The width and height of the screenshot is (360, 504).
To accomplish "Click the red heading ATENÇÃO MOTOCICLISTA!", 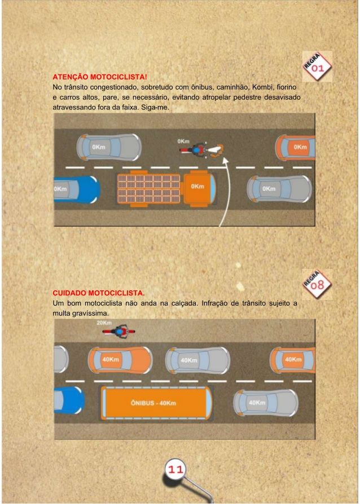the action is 100,77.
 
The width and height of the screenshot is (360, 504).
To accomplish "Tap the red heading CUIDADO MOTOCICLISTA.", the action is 98,293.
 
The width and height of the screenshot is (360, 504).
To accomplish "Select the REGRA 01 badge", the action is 317,66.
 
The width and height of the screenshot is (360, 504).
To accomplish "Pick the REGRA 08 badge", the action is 317,284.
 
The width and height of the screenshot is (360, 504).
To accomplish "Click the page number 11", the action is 175,469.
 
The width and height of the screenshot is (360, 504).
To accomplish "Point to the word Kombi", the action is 262,87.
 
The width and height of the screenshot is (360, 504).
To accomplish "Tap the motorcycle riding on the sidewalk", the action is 118,332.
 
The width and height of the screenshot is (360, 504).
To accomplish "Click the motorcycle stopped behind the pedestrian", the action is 194,150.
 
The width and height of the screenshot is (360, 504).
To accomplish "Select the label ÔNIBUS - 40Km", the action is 153,403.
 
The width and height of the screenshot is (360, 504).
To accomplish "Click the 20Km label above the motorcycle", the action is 104,322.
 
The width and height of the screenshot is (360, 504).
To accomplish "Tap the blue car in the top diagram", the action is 77,189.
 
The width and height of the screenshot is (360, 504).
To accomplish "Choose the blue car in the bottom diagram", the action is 69,400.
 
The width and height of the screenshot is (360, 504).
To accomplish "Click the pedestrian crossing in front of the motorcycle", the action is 216,150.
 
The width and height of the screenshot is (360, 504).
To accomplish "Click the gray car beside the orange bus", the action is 266,403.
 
